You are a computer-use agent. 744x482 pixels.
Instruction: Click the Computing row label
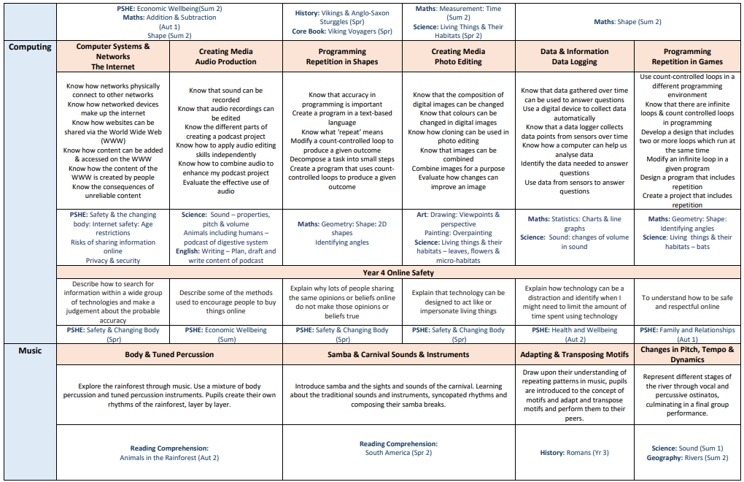click(x=30, y=47)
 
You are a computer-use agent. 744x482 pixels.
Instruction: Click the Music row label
click(x=30, y=351)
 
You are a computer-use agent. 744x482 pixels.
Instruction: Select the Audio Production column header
click(x=226, y=57)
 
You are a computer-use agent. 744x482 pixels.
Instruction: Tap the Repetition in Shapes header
click(x=342, y=57)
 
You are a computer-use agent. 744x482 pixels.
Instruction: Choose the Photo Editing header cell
click(x=457, y=57)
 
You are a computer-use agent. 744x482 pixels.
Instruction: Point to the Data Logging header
click(x=574, y=57)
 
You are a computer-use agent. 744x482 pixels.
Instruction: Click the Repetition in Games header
click(x=687, y=57)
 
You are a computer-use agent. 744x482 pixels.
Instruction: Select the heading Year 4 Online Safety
click(x=398, y=273)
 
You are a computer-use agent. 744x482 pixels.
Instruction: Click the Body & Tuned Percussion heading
click(x=169, y=354)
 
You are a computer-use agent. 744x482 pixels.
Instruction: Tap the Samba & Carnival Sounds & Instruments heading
click(x=398, y=354)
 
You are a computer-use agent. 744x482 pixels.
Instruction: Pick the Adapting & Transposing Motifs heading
click(x=574, y=354)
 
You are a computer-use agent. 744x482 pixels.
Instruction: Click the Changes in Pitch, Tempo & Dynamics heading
click(x=687, y=354)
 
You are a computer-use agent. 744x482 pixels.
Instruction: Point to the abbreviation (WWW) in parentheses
click(x=113, y=140)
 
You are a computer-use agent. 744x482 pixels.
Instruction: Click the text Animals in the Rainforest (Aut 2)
click(x=169, y=458)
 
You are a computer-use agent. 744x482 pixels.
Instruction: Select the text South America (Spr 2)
click(x=398, y=453)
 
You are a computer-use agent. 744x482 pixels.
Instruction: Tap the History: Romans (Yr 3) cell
click(x=574, y=453)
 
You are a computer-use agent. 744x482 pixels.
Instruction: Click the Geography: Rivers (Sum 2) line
click(x=687, y=458)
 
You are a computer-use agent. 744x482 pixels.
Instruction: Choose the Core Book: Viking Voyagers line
click(x=342, y=32)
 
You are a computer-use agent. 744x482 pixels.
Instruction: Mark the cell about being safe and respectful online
click(x=687, y=302)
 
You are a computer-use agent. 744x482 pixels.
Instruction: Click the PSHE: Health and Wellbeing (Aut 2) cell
click(x=574, y=334)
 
